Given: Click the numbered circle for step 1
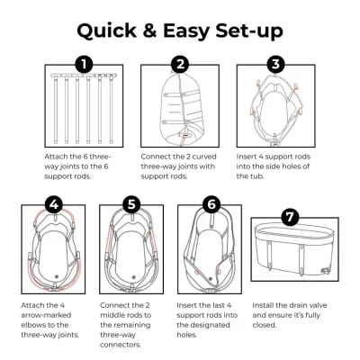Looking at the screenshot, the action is tap(84, 64).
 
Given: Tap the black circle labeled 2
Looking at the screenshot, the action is tap(180, 64).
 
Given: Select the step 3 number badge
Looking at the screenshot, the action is tap(275, 64).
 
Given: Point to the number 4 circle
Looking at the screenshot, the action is tap(54, 204).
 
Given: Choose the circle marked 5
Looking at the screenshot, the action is tap(132, 204).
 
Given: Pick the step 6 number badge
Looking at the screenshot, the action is tap(211, 204).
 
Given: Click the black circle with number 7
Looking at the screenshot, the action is tap(290, 217).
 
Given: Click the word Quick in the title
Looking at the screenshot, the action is tap(107, 31).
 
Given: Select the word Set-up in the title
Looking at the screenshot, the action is tap(249, 31).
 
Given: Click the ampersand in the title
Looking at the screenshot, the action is tap(150, 31).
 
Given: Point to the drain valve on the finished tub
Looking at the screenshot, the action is tap(325, 270).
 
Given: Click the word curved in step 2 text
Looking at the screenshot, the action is tap(204, 157).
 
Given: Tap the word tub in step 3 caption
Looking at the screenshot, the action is tap(256, 176).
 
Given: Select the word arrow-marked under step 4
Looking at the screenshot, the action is tap(46, 315).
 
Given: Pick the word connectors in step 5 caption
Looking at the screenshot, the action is tap(121, 345).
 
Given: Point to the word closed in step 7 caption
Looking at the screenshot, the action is tap(264, 325).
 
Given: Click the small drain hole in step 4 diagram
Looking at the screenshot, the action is tap(56, 276).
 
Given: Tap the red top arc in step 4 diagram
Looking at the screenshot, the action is tap(54, 211).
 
